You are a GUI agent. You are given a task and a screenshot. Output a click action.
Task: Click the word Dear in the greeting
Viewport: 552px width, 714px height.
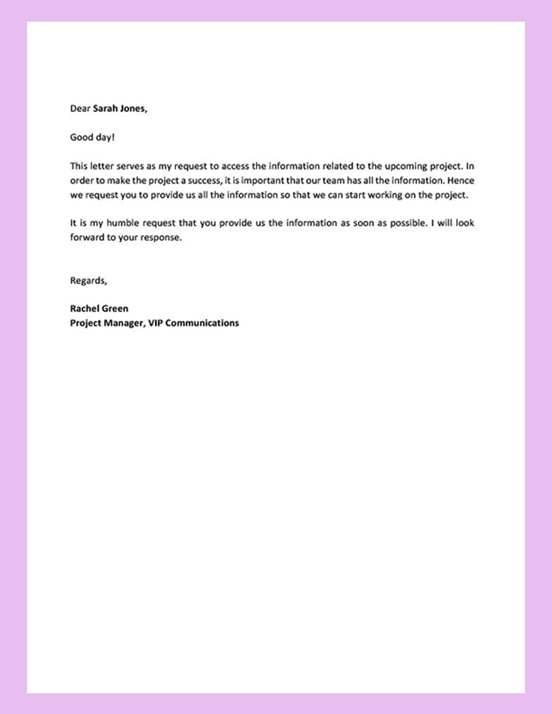click(80, 108)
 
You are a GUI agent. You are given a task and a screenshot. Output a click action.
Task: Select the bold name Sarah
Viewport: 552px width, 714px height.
click(105, 108)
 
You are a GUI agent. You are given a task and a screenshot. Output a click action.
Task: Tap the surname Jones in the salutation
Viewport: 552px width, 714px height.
click(134, 108)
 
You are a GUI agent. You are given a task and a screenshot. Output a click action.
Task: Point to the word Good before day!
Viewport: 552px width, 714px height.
click(81, 137)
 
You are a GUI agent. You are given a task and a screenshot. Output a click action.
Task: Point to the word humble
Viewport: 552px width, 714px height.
click(116, 224)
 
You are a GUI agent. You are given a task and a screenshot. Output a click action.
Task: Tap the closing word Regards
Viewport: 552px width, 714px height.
click(88, 281)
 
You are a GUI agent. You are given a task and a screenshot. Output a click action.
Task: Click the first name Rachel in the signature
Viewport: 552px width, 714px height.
click(85, 308)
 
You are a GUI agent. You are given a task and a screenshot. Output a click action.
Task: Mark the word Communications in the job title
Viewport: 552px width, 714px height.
click(202, 323)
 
